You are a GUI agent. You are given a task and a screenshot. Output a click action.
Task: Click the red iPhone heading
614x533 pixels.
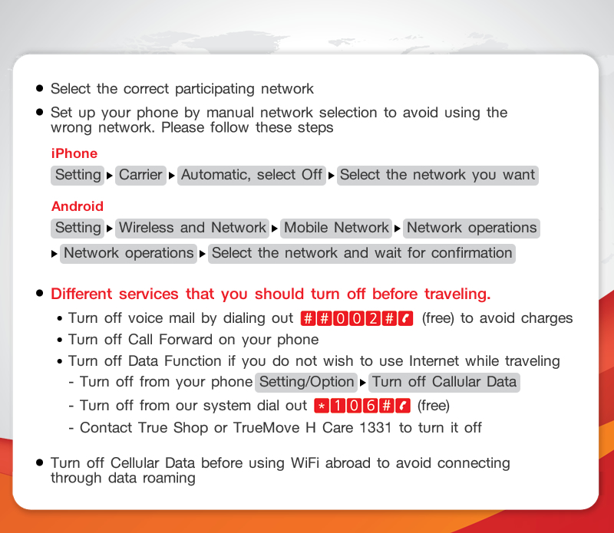coord(74,153)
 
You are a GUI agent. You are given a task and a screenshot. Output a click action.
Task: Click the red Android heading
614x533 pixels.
coord(78,206)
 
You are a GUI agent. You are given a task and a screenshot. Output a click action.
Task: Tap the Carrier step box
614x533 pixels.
coord(140,175)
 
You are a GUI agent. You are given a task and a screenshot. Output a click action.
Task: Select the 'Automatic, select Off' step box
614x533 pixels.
coord(252,175)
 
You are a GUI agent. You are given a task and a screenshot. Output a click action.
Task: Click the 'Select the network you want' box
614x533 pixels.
coord(437,175)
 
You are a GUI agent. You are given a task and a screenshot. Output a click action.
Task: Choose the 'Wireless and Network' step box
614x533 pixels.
coord(193,228)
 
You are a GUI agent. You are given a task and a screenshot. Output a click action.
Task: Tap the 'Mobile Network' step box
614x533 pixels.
coord(336,228)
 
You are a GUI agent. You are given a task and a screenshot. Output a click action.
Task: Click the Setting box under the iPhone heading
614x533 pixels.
coord(78,175)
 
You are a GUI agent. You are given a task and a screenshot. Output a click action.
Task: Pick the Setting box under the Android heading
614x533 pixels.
coord(78,228)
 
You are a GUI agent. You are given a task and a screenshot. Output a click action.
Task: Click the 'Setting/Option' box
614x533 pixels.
coord(306,383)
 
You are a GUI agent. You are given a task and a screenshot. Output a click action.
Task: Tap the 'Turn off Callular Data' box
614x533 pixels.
coord(444,383)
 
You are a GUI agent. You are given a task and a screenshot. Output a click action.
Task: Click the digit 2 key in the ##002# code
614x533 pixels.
coord(373,318)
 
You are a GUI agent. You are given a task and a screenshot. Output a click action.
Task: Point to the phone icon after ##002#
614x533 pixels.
coord(406,318)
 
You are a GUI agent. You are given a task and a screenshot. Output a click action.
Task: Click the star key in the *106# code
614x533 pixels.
coord(322,406)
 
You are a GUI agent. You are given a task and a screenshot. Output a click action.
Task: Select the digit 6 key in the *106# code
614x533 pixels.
coord(370,406)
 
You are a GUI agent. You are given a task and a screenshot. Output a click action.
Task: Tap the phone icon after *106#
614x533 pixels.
coord(403,406)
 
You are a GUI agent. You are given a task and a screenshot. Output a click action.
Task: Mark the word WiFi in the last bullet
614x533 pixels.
coord(305,463)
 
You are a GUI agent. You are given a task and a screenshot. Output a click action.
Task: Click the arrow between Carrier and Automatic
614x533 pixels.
coord(171,176)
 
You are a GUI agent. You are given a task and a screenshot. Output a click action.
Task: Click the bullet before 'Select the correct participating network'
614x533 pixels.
coord(39,88)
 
